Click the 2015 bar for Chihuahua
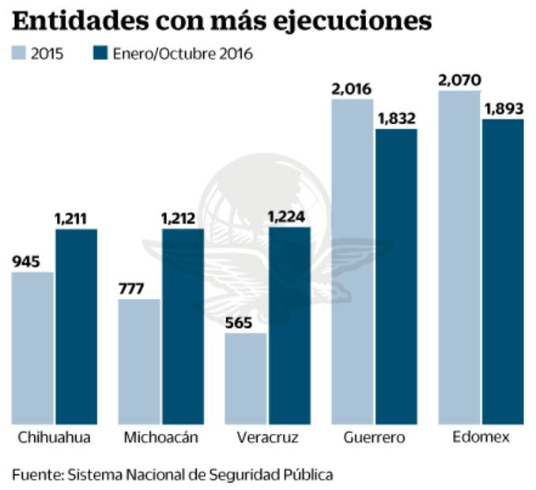pos(32,348)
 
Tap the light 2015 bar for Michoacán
pos(140,361)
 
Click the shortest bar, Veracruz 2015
pos(246,378)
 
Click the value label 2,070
pos(459,80)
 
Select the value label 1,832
pos(396,119)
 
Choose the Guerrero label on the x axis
pos(375,437)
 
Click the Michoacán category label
pos(160,437)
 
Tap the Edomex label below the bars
pos(481,437)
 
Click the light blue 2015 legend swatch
pos(19,54)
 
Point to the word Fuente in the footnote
pos(36,474)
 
